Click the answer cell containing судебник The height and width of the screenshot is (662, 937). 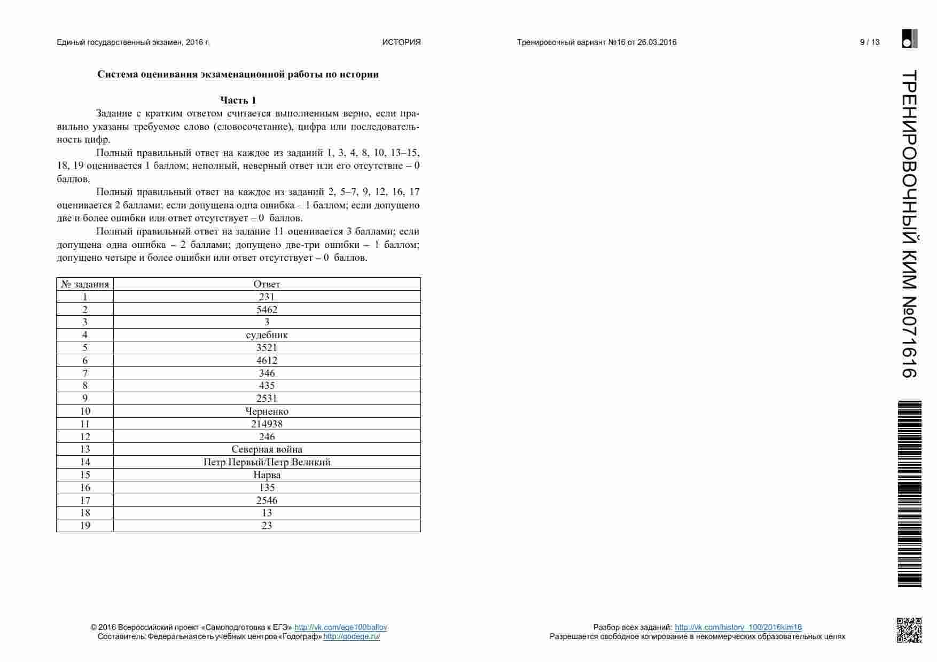(267, 335)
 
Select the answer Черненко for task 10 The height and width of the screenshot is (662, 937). (267, 411)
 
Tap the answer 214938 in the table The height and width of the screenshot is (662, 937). (267, 424)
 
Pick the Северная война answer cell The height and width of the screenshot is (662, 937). (267, 449)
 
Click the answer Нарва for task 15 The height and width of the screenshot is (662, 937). (267, 475)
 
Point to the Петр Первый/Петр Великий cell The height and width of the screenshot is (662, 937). (267, 462)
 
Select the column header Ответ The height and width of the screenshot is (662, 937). (267, 284)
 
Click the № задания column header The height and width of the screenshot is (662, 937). (85, 284)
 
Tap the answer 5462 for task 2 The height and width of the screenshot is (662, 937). (267, 310)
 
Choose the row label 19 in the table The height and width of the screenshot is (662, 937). (85, 526)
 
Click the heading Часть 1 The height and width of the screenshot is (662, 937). (238, 100)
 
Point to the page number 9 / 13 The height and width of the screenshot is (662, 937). (870, 42)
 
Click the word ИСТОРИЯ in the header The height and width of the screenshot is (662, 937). (401, 42)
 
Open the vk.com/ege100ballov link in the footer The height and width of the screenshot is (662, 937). (340, 627)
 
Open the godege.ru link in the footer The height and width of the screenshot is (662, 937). (352, 636)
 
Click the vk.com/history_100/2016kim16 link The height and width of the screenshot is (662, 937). (738, 627)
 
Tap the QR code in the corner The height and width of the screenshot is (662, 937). (909, 630)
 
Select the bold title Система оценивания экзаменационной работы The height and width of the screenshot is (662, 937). (238, 74)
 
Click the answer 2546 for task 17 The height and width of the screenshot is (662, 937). (267, 501)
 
